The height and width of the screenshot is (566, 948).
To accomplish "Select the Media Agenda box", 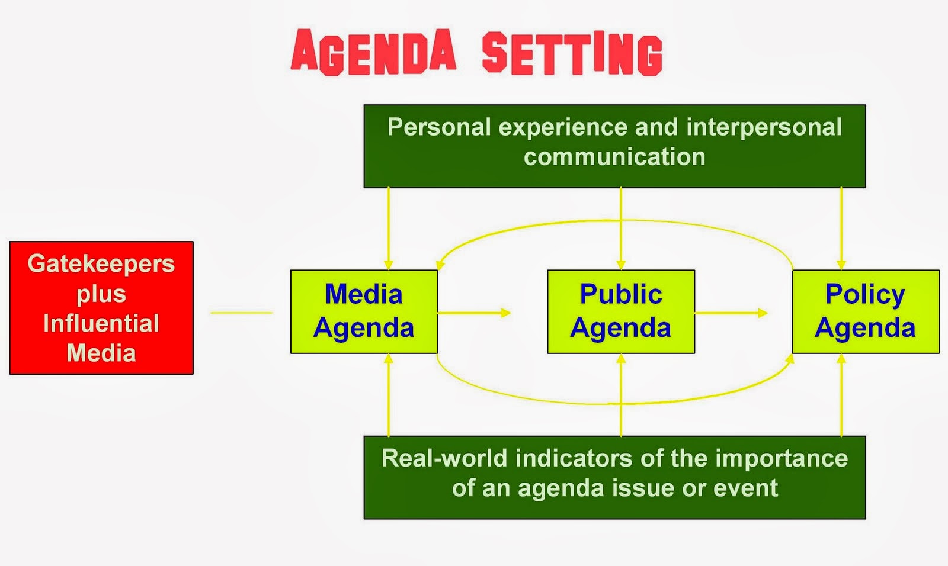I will coord(364,311).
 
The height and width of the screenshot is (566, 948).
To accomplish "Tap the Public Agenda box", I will coord(620,311).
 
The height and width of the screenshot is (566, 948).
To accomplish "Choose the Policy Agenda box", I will coord(865,311).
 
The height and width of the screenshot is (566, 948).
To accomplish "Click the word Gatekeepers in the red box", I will coord(101,263).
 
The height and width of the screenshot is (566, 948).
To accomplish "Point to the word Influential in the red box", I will coord(101,323).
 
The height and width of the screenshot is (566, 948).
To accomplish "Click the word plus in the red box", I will coord(101,294).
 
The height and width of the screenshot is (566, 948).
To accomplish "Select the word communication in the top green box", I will coord(614,157).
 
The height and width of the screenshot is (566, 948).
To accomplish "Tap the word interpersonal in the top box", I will coord(764,127).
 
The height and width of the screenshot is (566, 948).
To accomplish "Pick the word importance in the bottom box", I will coord(782,458).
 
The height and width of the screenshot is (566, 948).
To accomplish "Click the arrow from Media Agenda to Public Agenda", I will coord(474,313).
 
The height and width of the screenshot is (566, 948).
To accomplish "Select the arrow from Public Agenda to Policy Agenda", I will coord(731,313).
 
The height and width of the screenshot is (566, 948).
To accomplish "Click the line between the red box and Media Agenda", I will coord(241,313).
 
